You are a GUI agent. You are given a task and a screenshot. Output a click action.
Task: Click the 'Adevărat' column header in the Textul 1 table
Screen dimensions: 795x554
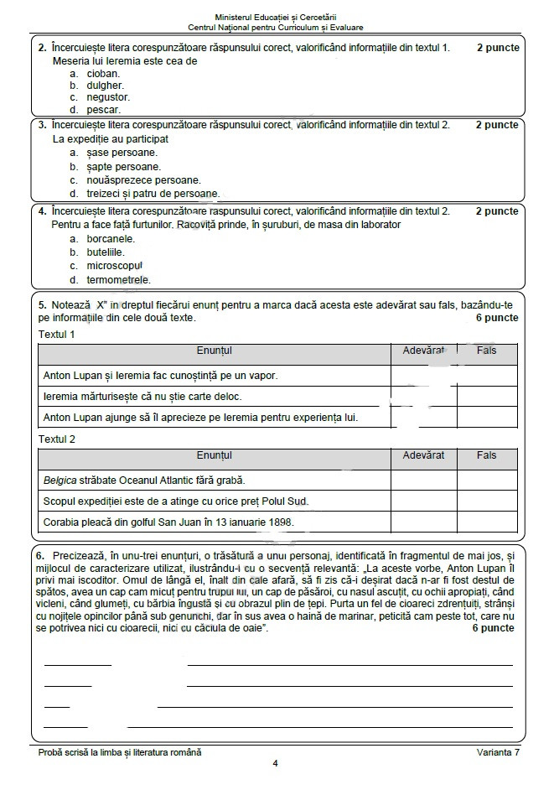pos(423,350)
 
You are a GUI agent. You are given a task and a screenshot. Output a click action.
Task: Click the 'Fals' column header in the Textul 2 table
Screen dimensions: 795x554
pos(486,455)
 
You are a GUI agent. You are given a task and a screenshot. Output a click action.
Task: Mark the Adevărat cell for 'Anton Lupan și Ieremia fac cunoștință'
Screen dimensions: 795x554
pos(423,376)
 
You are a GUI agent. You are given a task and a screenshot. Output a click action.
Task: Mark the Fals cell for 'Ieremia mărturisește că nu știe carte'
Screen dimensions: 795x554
pos(486,396)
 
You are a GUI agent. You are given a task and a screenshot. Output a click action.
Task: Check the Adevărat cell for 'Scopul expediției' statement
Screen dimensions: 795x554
pos(423,501)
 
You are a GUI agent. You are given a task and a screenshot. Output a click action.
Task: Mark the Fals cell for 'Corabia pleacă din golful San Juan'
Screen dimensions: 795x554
pos(486,522)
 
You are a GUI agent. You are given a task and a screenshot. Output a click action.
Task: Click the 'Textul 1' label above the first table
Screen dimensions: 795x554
pos(57,335)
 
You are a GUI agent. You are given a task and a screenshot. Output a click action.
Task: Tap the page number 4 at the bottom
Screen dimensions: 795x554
pos(275,763)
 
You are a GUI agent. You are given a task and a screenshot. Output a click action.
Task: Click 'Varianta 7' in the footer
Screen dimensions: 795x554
pos(495,751)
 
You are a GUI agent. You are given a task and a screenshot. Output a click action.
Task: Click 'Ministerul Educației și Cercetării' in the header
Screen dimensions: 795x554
pos(277,17)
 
